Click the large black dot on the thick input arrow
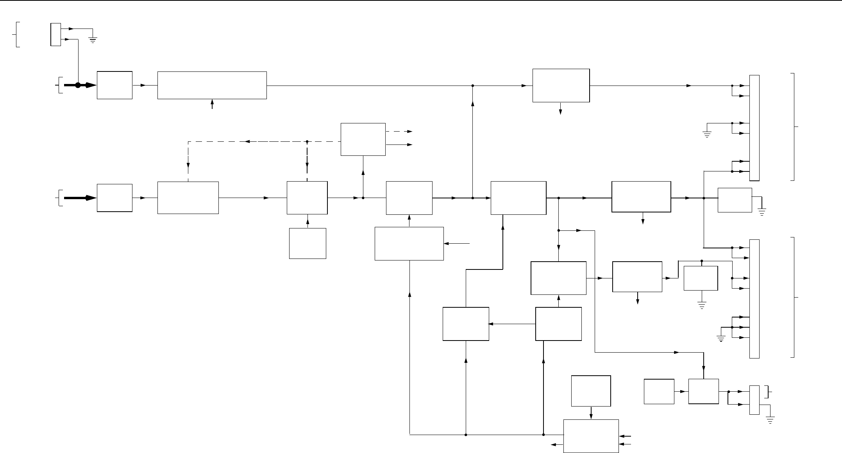tap(78, 85)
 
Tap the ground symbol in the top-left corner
tap(93, 39)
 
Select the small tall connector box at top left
tap(55, 34)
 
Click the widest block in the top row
tap(212, 85)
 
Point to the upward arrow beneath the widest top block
tap(212, 104)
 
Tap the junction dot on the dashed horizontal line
tap(307, 141)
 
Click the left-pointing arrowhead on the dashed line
tap(248, 141)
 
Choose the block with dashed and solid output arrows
tap(363, 139)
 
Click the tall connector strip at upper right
tap(754, 128)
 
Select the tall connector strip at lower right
tap(754, 298)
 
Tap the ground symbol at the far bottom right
tap(770, 421)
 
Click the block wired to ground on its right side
tap(735, 200)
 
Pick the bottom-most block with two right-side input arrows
tap(591, 436)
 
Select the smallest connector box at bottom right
tap(754, 400)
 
